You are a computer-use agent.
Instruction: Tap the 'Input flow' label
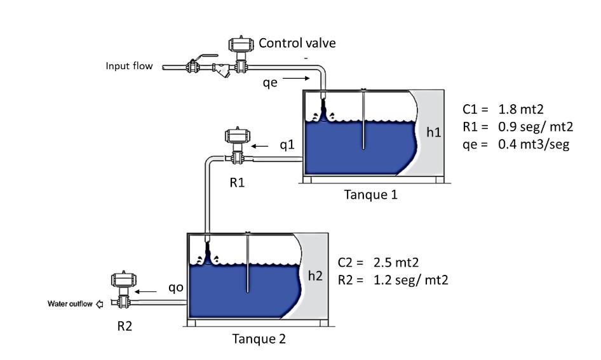129,65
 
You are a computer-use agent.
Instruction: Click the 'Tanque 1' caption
370,194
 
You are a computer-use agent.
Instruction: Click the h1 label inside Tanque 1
435,133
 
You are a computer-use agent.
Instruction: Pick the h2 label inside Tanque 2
315,276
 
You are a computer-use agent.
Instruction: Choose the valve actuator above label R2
121,280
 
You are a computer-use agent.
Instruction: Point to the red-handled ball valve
192,64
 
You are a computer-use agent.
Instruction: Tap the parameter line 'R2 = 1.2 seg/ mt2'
393,279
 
